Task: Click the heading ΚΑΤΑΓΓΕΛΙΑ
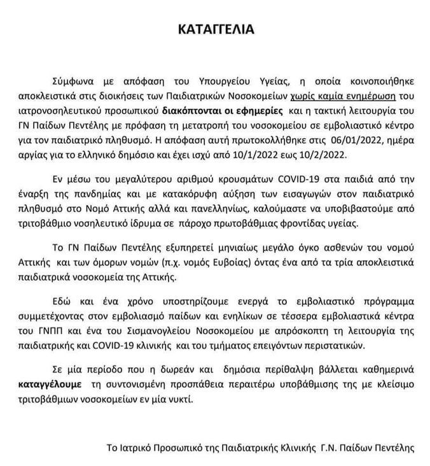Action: coord(215,29)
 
